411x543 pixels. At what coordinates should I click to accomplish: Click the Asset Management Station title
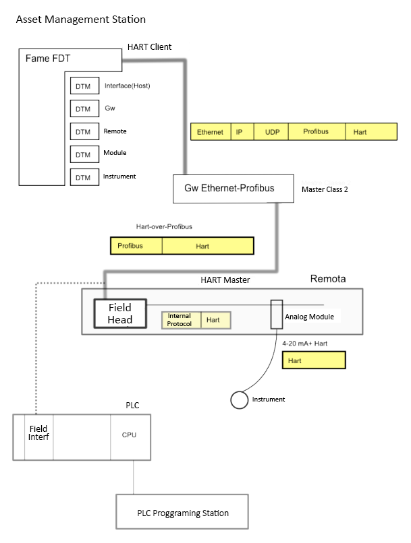(x=80, y=20)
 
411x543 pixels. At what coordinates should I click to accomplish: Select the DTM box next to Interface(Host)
(x=82, y=87)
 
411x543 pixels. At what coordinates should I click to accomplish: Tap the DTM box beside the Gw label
(x=82, y=109)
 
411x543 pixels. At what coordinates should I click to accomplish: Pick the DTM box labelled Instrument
(x=82, y=177)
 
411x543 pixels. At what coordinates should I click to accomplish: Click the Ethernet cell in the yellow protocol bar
(x=210, y=132)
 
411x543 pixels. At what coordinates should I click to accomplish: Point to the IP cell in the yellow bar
(x=239, y=132)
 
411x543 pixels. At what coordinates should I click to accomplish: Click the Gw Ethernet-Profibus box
(x=229, y=189)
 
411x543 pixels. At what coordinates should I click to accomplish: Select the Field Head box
(x=120, y=313)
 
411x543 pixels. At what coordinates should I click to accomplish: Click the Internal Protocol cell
(x=180, y=320)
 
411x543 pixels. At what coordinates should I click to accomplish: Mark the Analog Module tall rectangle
(x=276, y=314)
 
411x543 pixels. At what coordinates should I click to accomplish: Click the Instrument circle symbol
(x=238, y=400)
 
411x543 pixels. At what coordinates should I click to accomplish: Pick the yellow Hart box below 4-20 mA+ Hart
(x=314, y=360)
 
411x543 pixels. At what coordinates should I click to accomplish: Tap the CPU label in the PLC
(x=129, y=435)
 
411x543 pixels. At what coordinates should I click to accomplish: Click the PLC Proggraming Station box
(x=183, y=513)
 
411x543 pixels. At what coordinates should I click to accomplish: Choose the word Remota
(x=329, y=279)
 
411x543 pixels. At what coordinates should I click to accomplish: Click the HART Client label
(x=149, y=47)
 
